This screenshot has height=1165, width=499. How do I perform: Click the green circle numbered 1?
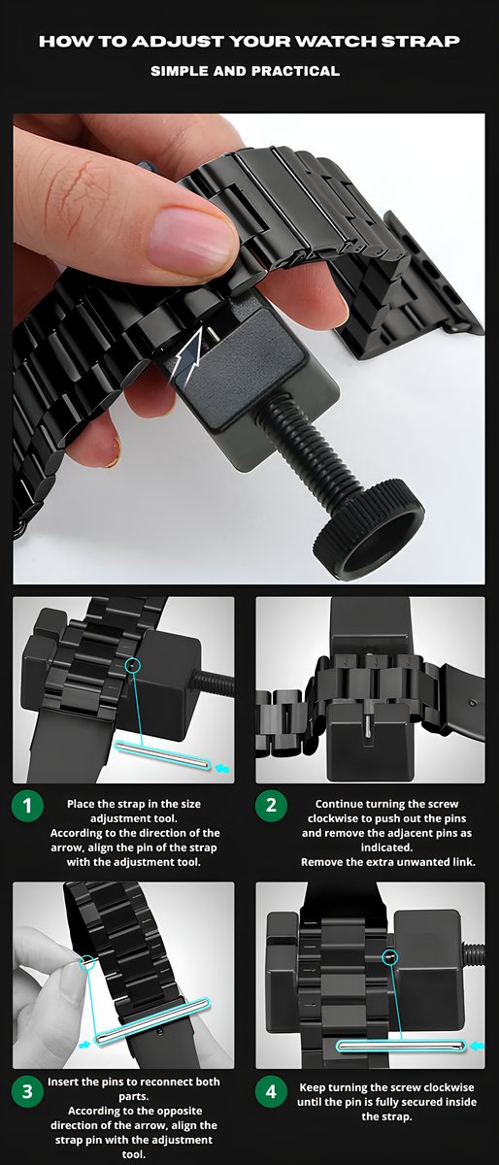(x=27, y=806)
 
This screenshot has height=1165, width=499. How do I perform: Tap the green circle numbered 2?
(x=271, y=805)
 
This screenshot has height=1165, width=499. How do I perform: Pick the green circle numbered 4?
(x=271, y=1091)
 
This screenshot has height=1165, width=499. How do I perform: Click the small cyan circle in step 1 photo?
(x=133, y=665)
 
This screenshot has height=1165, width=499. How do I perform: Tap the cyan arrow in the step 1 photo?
(x=222, y=768)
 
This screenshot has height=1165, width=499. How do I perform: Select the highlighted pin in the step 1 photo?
(x=162, y=755)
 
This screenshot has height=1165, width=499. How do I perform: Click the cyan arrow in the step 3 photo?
(x=83, y=1044)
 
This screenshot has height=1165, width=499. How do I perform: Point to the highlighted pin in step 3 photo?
(x=151, y=1021)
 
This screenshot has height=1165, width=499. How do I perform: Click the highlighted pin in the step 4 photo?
(x=401, y=1046)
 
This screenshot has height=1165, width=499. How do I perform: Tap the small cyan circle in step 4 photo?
(x=389, y=956)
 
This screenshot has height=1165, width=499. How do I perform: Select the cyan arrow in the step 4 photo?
(x=477, y=1046)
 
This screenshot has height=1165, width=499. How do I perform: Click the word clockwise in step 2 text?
(x=332, y=818)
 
